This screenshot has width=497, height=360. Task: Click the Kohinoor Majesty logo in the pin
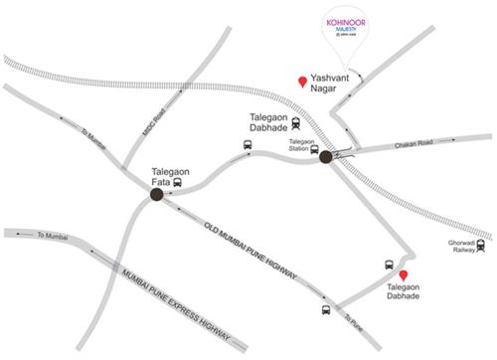[x=349, y=27]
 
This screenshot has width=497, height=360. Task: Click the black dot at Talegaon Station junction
[x=325, y=155]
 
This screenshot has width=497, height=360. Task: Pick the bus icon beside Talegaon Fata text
[x=178, y=183]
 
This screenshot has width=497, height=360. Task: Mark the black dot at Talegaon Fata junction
[x=156, y=195]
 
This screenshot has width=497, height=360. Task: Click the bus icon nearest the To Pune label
[x=325, y=309]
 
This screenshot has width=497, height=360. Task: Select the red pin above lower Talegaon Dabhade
[x=404, y=276]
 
